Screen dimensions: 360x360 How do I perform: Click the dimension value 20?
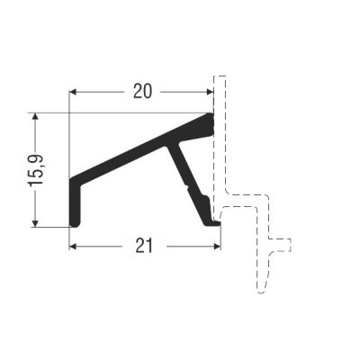pyautogui.click(x=142, y=91)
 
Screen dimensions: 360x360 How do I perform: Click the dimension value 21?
pyautogui.click(x=144, y=246)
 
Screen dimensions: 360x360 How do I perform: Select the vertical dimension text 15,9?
pyautogui.click(x=37, y=171)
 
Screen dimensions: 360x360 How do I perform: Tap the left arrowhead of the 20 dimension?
pyautogui.click(x=74, y=92)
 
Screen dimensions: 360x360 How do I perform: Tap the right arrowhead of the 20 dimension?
pyautogui.click(x=210, y=92)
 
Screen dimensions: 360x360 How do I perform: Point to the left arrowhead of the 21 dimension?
pyautogui.click(x=74, y=247)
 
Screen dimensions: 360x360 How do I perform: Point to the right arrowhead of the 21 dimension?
pyautogui.click(x=217, y=247)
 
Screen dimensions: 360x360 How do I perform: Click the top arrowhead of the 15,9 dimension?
pyautogui.click(x=35, y=117)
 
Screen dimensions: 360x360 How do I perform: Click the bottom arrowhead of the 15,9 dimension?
pyautogui.click(x=35, y=223)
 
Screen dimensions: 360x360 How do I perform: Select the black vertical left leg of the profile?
pyautogui.click(x=75, y=204)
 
